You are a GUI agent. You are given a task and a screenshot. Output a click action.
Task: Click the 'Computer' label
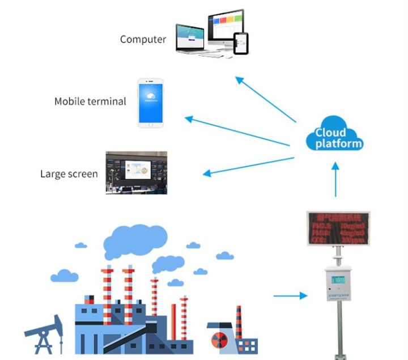143,40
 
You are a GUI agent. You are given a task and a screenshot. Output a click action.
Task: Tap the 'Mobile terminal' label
90,101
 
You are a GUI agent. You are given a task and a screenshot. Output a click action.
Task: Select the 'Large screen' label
69,174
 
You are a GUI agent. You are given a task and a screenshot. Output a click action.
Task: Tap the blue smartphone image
150,103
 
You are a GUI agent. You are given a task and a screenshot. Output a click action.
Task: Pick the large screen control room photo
137,172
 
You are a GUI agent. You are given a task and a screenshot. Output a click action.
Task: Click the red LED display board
338,228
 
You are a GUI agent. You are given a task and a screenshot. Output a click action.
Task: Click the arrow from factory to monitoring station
290,295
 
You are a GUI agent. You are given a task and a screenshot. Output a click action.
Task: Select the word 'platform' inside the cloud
338,143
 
